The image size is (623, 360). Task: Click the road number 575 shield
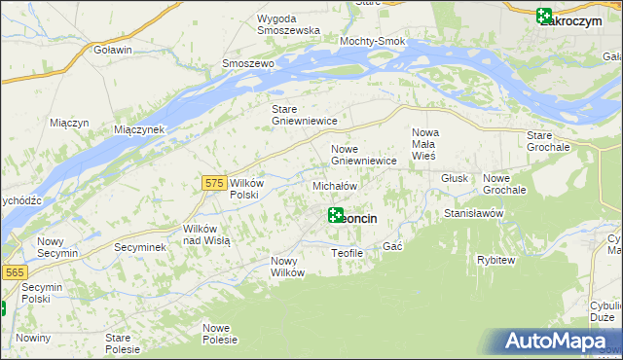click(215, 182)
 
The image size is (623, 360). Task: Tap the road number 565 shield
click(14, 273)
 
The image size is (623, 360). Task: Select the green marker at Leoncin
click(336, 215)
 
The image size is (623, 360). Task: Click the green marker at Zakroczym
click(544, 16)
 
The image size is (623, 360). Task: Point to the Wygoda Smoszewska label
click(289, 24)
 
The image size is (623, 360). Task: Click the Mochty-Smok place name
click(372, 42)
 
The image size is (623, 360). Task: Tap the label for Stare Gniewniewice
click(304, 115)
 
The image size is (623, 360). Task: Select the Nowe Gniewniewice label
click(363, 155)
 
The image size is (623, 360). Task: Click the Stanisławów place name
click(472, 212)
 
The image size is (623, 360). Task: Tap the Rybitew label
click(495, 260)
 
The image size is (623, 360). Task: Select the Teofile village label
click(347, 253)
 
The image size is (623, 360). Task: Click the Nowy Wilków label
click(288, 267)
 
